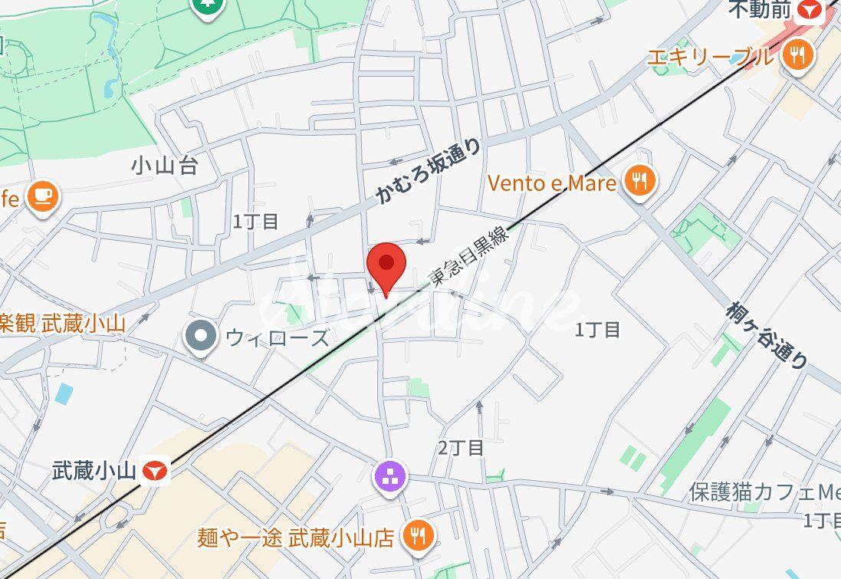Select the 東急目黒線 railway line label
point(470,258)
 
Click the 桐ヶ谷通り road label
point(767,333)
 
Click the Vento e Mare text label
point(552,183)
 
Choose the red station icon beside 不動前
point(809,10)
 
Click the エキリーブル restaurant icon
point(798,55)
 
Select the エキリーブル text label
point(711,56)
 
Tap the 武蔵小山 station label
point(94,469)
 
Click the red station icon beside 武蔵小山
point(156,469)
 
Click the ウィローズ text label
point(277,337)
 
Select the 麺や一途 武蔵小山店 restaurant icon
point(419,535)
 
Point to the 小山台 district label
point(164,165)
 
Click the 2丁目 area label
point(461,448)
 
